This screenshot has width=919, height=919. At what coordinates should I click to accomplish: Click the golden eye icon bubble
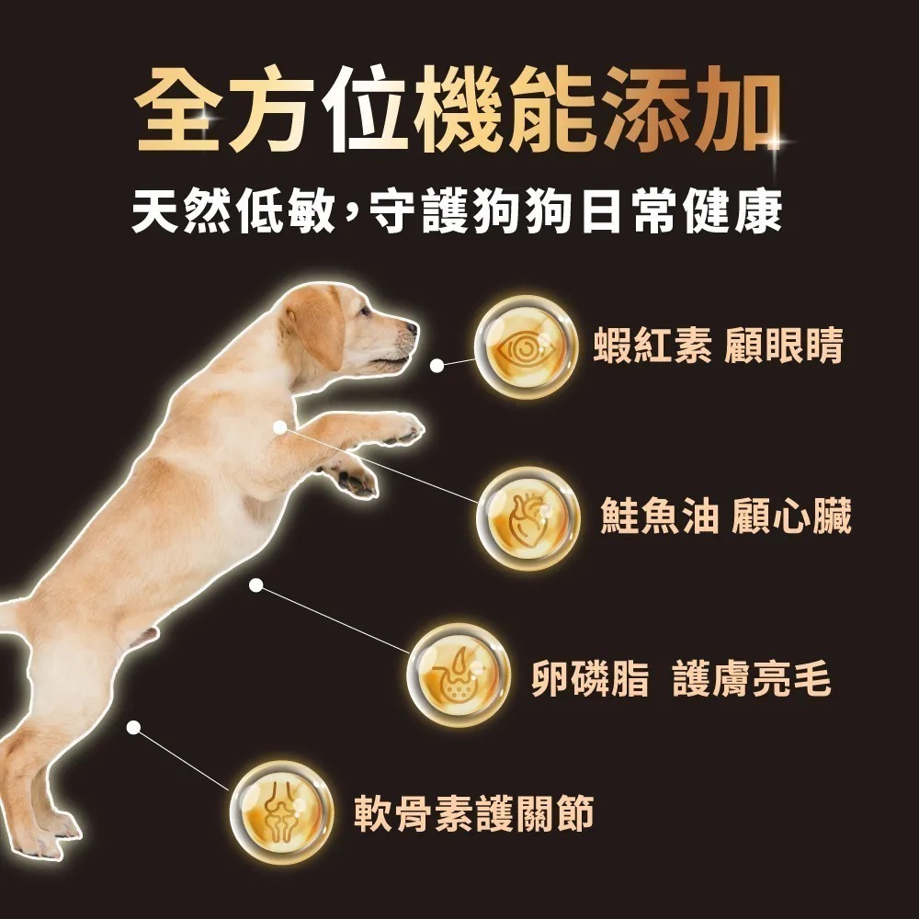click(526, 347)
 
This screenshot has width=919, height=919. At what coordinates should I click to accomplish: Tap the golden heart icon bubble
click(528, 518)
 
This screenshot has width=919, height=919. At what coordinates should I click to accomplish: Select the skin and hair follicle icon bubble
click(458, 675)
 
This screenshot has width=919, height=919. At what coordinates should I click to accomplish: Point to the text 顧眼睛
click(783, 348)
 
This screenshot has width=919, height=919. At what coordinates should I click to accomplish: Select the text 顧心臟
click(791, 517)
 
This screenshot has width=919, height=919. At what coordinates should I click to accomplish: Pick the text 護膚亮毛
click(751, 681)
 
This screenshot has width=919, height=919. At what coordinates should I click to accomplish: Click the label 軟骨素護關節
click(474, 814)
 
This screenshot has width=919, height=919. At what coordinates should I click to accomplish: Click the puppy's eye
click(369, 312)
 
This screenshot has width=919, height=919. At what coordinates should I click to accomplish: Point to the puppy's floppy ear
click(318, 326)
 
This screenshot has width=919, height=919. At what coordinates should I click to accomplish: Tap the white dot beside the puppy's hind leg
click(133, 727)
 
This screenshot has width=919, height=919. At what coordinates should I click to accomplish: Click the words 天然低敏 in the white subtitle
click(233, 213)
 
